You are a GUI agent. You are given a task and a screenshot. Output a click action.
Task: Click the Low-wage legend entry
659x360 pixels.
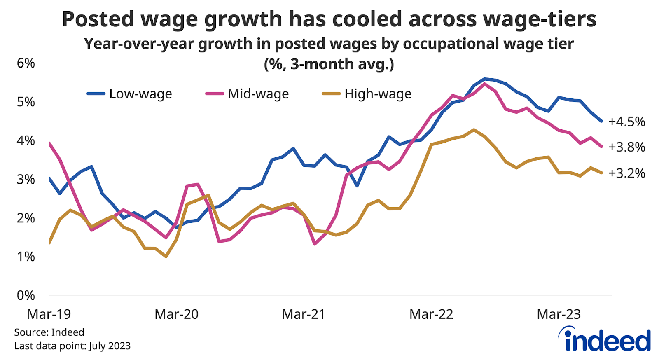[130, 94]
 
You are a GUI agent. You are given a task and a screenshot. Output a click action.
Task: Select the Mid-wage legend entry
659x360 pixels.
[248, 94]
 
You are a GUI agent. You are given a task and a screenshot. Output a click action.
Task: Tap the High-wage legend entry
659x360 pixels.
[367, 94]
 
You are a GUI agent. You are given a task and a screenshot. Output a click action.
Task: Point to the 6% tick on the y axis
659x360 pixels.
[26, 63]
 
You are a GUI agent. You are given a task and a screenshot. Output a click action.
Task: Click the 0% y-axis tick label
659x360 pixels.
[26, 295]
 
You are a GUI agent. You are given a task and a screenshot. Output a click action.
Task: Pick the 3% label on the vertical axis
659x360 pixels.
[26, 179]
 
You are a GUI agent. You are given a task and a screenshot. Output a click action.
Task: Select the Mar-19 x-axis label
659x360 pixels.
[49, 314]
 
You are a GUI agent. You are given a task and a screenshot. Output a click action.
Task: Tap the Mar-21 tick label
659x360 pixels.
[304, 314]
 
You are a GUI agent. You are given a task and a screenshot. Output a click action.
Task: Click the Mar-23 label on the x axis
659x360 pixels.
[559, 314]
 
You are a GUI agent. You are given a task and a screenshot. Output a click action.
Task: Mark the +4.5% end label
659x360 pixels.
[626, 122]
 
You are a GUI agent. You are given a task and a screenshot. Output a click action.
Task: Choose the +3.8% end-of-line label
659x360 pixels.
[626, 147]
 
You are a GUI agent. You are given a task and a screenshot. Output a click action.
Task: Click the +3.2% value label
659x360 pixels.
[626, 173]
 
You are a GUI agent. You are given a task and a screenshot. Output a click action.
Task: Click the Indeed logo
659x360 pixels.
[605, 340]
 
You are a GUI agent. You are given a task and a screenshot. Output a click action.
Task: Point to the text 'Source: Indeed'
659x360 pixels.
[49, 332]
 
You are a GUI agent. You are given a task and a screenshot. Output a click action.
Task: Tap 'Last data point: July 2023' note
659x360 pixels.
[72, 346]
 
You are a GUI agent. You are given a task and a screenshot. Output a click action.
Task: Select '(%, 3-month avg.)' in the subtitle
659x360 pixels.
[329, 64]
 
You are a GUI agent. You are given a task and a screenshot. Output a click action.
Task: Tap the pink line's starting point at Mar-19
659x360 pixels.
[49, 143]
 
